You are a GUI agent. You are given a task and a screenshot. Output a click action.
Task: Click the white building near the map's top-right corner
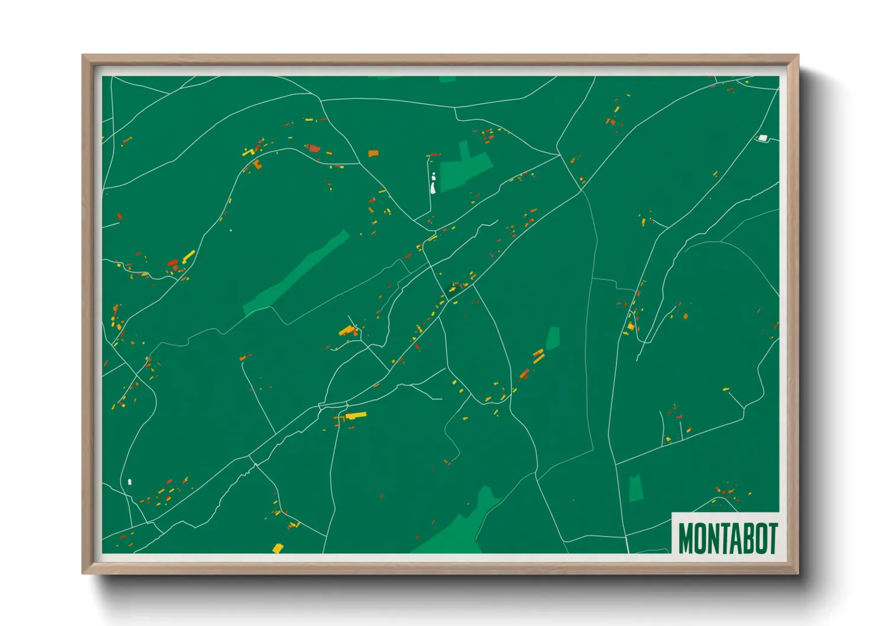click(762, 138)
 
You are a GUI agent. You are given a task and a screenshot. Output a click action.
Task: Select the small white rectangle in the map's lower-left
click(130, 482)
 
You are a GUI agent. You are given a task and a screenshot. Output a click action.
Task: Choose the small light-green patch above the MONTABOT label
click(635, 488)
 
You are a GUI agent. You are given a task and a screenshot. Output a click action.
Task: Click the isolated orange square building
click(373, 153)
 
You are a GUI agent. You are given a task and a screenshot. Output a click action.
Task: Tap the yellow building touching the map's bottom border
click(277, 548)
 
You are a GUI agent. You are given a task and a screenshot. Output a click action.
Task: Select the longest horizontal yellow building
click(356, 415)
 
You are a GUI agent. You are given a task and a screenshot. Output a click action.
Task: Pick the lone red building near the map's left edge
click(119, 216)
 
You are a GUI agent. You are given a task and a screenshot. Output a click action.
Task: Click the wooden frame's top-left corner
click(83, 56)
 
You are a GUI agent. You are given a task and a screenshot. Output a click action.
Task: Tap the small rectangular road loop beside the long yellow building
click(333, 406)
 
